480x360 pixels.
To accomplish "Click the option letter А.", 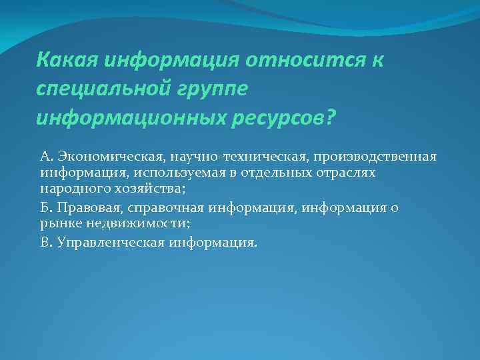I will point(45,156).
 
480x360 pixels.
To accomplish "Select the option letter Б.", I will point(45,208).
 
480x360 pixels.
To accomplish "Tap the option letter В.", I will point(45,243).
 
